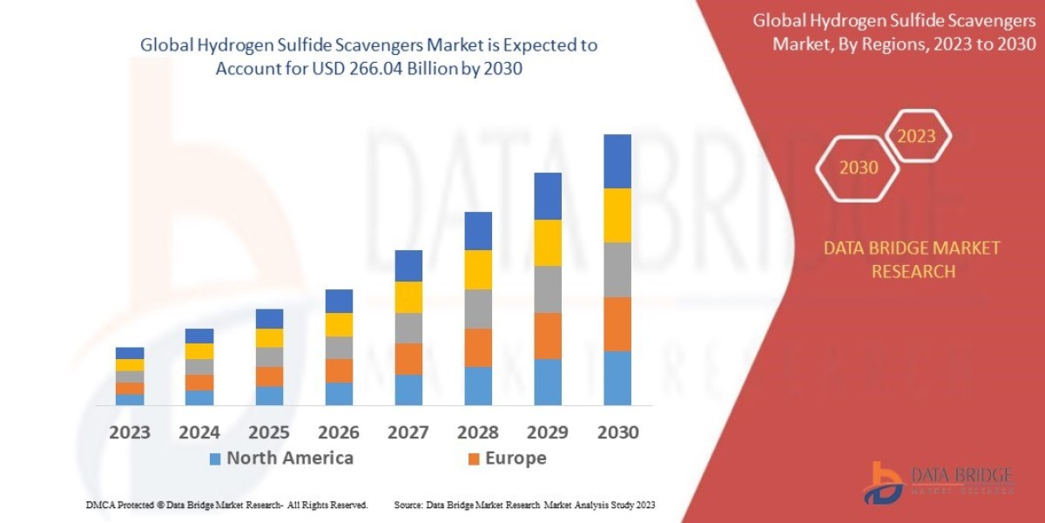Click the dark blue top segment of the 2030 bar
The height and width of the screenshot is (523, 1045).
point(617,161)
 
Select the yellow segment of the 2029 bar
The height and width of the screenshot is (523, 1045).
point(547,242)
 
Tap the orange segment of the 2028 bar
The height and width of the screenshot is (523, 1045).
point(478,347)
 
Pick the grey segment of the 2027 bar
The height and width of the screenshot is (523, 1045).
point(408,328)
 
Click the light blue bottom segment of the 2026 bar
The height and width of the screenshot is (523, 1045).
point(339,394)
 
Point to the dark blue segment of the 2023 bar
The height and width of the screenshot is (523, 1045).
point(130,353)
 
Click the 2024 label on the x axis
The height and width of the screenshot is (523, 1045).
point(199,432)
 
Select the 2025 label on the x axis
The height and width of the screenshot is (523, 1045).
point(268,432)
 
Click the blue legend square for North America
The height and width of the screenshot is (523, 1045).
point(215,458)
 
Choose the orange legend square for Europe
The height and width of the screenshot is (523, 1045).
point(474,458)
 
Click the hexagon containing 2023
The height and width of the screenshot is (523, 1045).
point(916,136)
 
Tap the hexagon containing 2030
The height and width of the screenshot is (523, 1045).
point(858,167)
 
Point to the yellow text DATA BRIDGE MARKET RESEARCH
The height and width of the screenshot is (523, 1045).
point(912,260)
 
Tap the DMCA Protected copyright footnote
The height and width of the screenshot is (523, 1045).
point(227,505)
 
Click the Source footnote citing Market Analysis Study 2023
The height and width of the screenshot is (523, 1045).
point(524,505)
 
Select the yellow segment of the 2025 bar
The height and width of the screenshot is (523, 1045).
point(269,338)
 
